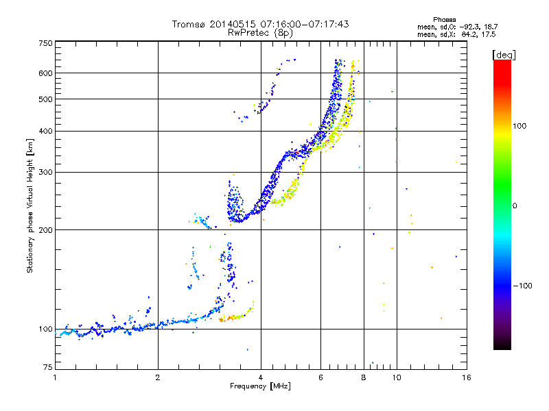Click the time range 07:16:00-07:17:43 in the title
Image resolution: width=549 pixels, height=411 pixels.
pyautogui.click(x=305, y=24)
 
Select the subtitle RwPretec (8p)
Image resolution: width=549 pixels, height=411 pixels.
pyautogui.click(x=260, y=33)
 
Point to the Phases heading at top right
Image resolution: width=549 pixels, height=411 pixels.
pyautogui.click(x=444, y=20)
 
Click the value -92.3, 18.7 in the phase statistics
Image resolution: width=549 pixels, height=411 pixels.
pyautogui.click(x=478, y=27)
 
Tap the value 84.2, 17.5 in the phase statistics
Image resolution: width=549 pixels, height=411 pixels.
pyautogui.click(x=478, y=34)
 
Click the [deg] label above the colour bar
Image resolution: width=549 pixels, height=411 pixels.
pyautogui.click(x=504, y=55)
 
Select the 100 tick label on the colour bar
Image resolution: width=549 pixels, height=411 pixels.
pyautogui.click(x=519, y=126)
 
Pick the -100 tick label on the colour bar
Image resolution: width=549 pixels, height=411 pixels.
pyautogui.click(x=522, y=286)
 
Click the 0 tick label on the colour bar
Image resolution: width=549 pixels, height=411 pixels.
pyautogui.click(x=515, y=206)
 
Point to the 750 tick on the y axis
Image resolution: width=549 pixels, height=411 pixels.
pyautogui.click(x=46, y=43)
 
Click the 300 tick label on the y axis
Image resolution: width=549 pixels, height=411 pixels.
pyautogui.click(x=46, y=172)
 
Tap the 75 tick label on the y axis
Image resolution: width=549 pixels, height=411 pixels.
pyautogui.click(x=48, y=367)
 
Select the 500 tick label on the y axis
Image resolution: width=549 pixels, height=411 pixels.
pyautogui.click(x=46, y=99)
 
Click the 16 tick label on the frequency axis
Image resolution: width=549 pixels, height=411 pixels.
pyautogui.click(x=467, y=377)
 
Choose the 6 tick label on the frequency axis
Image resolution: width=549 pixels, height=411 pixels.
pyautogui.click(x=320, y=377)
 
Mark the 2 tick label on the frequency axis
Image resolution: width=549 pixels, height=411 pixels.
pyautogui.click(x=158, y=377)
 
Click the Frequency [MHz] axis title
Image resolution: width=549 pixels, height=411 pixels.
pyautogui.click(x=260, y=386)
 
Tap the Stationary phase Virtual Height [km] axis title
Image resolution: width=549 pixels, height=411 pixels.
pyautogui.click(x=30, y=206)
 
